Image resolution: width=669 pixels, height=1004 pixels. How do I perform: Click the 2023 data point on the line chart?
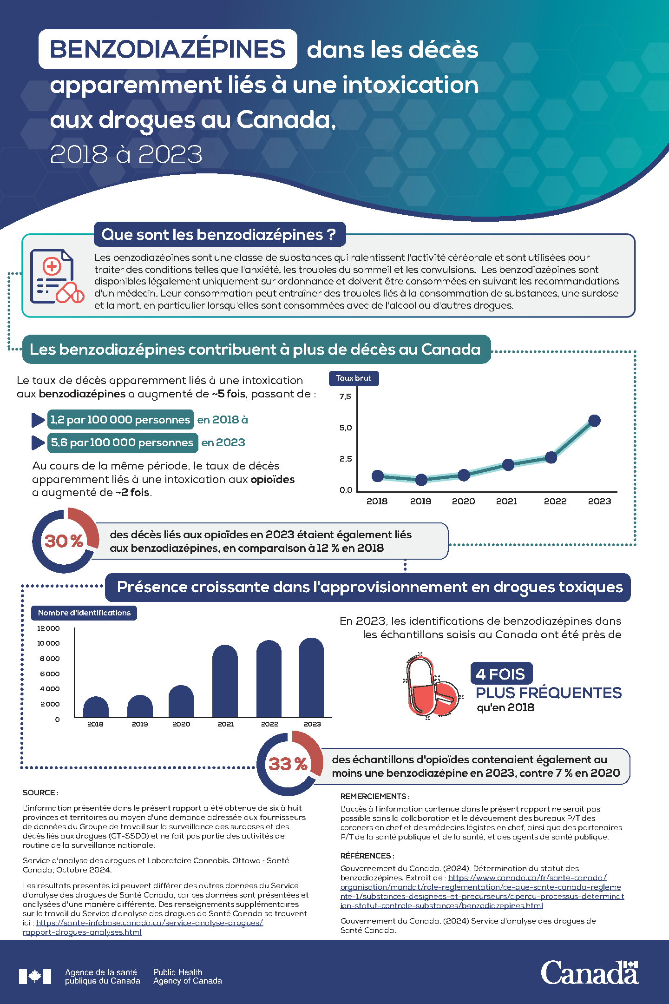594,421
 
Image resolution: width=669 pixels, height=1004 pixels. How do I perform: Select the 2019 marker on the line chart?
421,480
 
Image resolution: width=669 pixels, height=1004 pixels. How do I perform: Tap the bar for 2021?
225,682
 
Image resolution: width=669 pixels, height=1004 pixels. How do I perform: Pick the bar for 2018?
96,707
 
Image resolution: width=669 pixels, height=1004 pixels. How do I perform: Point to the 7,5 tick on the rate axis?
345,396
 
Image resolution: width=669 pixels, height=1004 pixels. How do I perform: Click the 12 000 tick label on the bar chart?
48,628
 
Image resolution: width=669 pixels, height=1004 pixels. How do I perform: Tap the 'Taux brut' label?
354,378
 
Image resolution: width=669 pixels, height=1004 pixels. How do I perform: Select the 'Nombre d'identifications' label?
84,613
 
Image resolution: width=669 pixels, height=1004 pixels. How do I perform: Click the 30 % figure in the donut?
64,541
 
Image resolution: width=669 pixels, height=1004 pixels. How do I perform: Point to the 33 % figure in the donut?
288,764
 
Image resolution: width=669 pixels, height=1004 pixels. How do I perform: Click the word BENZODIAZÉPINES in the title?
168,49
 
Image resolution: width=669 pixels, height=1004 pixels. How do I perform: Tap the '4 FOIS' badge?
501,674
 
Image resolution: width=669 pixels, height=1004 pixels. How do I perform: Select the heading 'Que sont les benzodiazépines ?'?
219,234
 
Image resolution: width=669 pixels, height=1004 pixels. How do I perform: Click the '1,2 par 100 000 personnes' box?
120,420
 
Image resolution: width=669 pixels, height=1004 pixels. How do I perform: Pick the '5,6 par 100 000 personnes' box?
122,443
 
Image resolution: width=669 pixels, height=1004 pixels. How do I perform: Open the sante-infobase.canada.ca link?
149,923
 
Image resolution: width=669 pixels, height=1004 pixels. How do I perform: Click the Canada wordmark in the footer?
589,972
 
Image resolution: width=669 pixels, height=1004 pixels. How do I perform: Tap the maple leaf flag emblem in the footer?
35,976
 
